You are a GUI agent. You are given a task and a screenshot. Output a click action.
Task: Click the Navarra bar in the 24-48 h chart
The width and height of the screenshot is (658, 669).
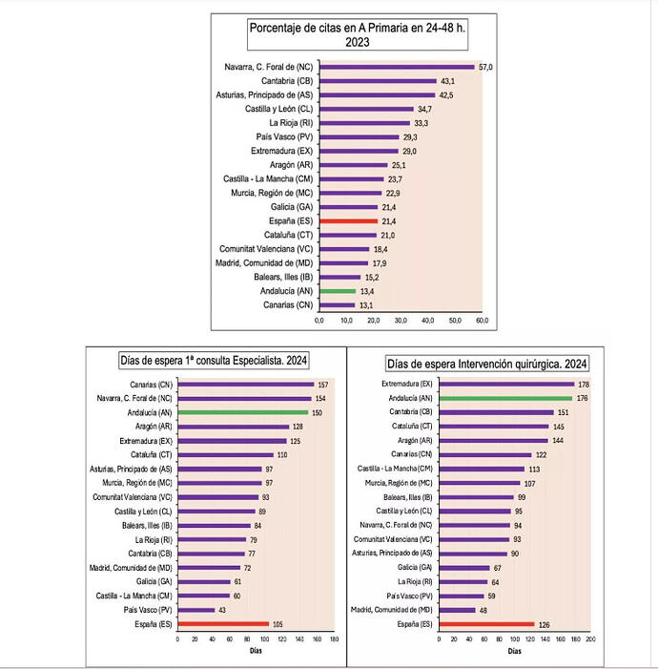397,67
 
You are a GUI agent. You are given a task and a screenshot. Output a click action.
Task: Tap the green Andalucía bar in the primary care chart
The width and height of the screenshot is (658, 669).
338,291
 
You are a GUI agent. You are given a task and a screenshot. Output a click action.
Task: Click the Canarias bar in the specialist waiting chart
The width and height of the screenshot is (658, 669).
246,385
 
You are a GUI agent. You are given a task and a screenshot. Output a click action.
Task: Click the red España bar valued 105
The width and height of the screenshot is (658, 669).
223,623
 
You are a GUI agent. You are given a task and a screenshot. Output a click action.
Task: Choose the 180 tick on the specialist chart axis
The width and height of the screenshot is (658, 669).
334,640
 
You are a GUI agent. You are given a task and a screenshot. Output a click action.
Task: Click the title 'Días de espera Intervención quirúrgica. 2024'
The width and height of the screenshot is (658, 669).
486,364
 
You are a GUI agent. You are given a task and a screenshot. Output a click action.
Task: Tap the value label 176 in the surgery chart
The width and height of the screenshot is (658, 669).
581,398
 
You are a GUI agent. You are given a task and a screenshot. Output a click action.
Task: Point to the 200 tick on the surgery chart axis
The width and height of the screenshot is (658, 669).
590,640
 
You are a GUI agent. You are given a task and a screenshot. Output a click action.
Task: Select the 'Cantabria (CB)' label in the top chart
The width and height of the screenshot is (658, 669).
287,81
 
